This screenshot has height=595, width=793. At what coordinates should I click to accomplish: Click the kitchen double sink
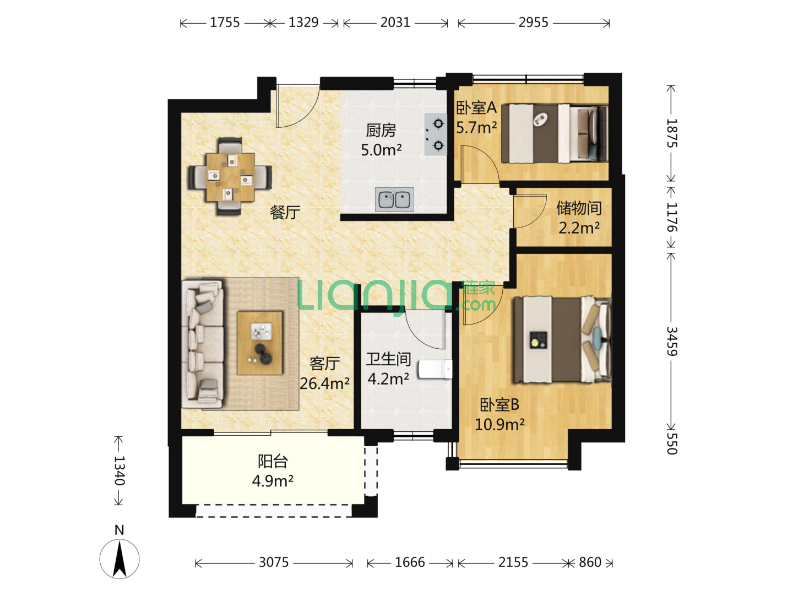click(394, 199)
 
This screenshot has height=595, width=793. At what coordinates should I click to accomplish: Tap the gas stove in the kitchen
click(436, 134)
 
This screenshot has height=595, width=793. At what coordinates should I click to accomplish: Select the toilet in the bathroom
click(435, 369)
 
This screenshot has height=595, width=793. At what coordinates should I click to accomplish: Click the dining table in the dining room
click(230, 177)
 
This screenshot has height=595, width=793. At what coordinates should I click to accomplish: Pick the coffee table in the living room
click(259, 343)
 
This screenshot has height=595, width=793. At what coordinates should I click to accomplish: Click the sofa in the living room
click(202, 344)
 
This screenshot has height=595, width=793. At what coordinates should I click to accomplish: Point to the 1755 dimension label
click(225, 23)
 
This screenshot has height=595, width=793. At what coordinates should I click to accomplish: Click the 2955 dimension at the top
click(533, 23)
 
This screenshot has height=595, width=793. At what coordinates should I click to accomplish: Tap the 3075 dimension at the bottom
click(274, 562)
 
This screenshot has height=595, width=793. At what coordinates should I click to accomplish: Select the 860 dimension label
click(590, 562)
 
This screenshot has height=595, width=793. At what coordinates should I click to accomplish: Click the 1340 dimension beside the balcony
click(119, 470)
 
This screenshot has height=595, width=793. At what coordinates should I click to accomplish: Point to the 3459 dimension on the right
click(672, 342)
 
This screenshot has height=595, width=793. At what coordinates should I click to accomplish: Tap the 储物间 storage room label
click(579, 208)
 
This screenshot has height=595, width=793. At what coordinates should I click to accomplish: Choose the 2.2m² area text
click(579, 228)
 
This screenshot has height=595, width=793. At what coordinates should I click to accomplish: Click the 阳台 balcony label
click(273, 462)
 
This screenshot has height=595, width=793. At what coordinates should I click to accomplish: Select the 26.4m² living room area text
click(324, 383)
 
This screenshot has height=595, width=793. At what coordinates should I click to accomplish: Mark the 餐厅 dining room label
click(285, 213)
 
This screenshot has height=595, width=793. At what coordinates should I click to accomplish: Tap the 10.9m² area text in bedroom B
click(499, 424)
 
